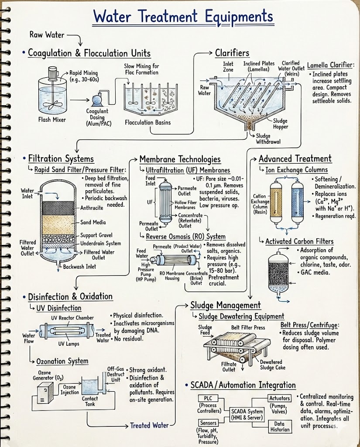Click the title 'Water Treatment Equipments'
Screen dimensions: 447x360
tap(183, 17)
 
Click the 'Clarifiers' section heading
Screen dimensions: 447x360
tap(232, 53)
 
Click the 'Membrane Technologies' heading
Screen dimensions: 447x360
tap(180, 159)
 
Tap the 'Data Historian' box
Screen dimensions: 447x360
tap(279, 426)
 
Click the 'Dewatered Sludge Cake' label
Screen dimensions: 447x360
tap(271, 365)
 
